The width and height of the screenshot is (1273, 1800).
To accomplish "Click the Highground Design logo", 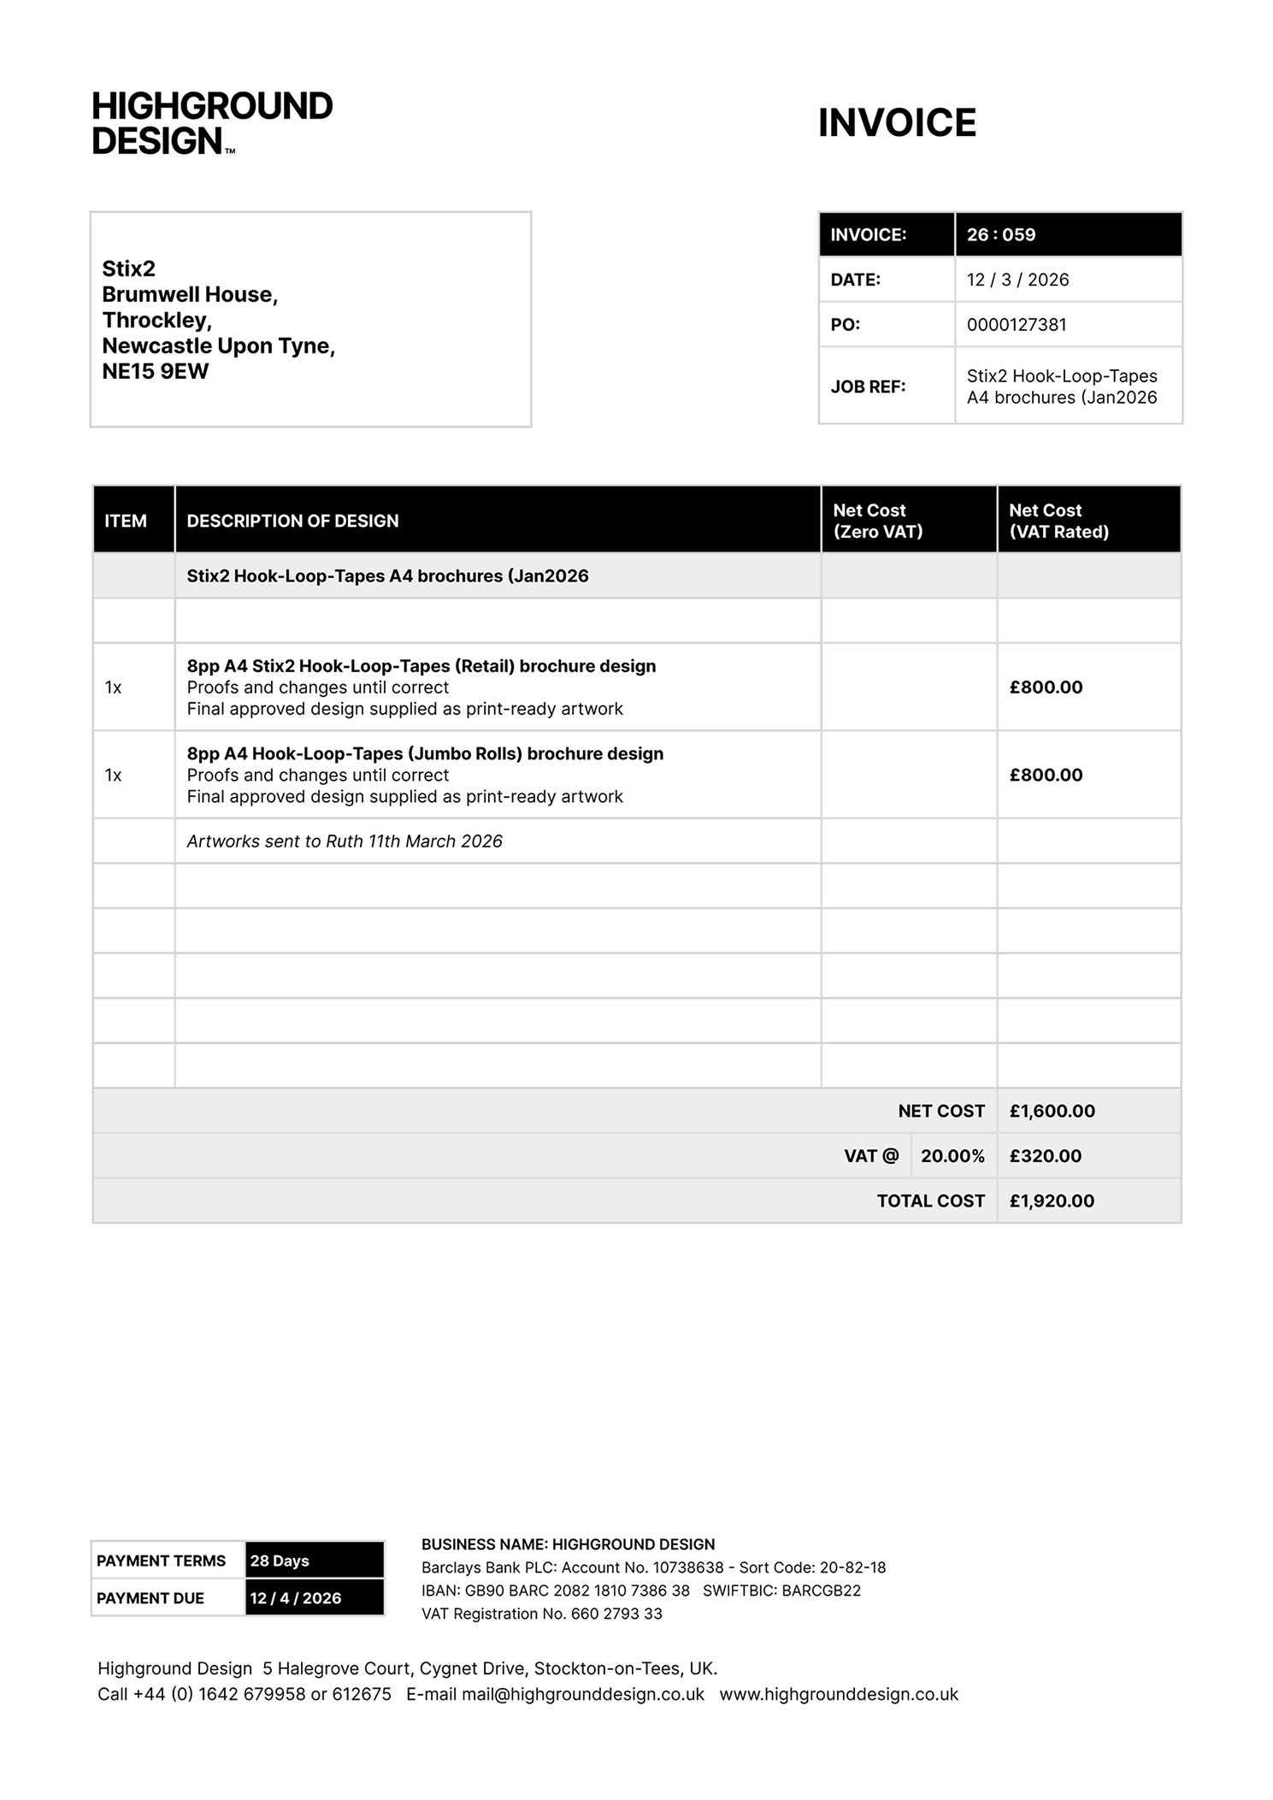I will [x=212, y=123].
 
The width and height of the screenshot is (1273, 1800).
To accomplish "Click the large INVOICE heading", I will [x=897, y=123].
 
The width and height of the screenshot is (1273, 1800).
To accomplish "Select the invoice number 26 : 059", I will [x=1001, y=234].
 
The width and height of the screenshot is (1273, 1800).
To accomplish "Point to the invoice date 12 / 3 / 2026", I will [x=1017, y=280].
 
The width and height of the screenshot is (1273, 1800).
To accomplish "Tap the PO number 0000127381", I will [x=1017, y=325].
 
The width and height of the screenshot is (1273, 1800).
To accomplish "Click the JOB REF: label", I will [x=868, y=387].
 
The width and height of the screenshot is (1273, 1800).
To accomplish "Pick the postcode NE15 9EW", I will [x=156, y=371].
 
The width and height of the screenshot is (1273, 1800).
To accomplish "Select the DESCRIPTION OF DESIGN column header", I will [x=292, y=521].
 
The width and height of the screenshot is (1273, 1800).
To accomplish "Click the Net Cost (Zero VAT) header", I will [x=878, y=521].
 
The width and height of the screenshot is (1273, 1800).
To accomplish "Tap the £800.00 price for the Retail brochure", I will [x=1046, y=688].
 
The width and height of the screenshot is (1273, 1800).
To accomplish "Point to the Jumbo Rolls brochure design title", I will [x=425, y=753].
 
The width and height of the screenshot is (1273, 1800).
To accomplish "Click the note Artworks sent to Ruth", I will [x=345, y=841].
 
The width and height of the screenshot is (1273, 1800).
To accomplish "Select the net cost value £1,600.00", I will [x=1052, y=1111].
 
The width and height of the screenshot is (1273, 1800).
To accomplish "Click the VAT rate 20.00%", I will [x=952, y=1156].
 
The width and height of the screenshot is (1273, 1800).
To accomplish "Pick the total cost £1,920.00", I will [x=1052, y=1201].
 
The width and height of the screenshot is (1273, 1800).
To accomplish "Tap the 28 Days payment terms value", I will [x=280, y=1561].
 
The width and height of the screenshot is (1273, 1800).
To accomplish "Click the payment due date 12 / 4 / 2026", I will [x=296, y=1598].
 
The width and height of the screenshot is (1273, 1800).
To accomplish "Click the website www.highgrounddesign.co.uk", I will [x=839, y=1694].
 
